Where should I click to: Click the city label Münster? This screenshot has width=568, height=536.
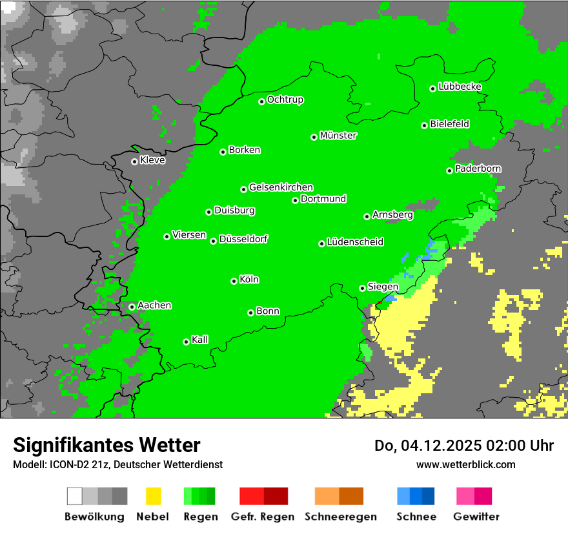338,136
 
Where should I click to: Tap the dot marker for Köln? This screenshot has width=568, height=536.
234,281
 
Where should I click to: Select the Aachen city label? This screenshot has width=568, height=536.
154,305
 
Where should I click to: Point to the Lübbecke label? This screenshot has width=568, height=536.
460,87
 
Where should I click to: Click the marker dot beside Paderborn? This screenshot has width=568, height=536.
449,170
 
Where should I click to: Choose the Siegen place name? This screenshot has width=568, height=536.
383,287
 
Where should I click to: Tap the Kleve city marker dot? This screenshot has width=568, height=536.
134,161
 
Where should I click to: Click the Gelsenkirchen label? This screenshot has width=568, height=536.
281,187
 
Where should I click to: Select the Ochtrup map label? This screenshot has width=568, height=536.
285,99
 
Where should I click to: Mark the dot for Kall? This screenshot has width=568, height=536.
186,342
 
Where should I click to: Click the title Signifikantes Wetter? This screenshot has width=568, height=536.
107,445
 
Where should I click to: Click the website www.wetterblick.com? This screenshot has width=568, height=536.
465,464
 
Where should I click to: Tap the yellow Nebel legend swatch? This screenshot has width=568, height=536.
153,496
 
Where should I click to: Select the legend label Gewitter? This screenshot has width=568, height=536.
476,517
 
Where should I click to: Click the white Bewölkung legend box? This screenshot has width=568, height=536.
75,496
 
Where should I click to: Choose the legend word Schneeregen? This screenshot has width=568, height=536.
340,517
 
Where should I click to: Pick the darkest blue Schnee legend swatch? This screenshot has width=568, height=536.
429,496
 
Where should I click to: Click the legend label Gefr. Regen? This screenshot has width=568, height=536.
263,517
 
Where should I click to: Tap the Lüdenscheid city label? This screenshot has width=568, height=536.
355,242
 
